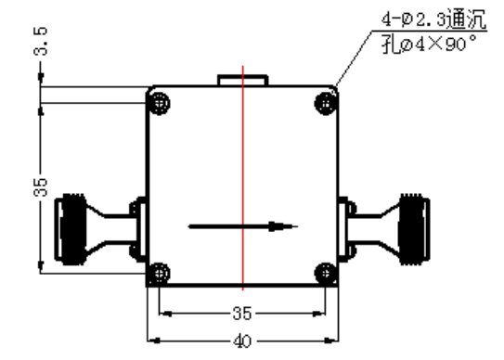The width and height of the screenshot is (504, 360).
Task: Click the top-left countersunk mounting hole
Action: [x=160, y=103]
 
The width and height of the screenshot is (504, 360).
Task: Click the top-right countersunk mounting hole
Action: [x=326, y=103]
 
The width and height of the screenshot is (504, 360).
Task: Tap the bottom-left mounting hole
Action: [x=159, y=273]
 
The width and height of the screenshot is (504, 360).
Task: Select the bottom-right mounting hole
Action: [x=326, y=273]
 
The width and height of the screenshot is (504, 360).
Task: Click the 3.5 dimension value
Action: [x=41, y=41]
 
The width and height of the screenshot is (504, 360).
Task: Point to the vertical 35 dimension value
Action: [x=40, y=186]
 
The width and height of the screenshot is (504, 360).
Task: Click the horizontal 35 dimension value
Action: [x=241, y=313]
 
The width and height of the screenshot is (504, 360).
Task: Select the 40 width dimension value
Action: [x=241, y=341]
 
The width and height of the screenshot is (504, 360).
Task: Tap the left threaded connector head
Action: [x=71, y=229]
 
